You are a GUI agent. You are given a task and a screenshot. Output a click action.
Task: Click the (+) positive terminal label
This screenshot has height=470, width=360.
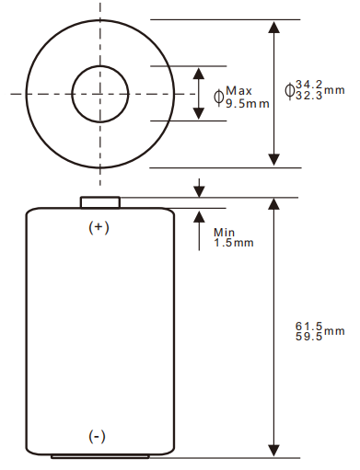pyautogui.click(x=99, y=227)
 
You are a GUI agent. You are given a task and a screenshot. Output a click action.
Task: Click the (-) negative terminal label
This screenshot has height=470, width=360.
pyautogui.click(x=98, y=435)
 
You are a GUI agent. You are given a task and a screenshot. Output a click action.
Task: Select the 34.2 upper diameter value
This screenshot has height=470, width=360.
pyautogui.click(x=309, y=84)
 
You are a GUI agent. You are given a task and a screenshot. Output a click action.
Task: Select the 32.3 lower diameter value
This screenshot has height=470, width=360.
pyautogui.click(x=309, y=95)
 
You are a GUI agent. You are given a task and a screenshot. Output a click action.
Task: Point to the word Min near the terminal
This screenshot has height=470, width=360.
pyautogui.click(x=225, y=232)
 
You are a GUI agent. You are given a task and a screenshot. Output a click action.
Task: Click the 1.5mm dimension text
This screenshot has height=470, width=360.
pyautogui.click(x=233, y=243)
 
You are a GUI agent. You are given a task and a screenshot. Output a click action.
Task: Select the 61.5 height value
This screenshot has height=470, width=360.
pyautogui.click(x=308, y=326)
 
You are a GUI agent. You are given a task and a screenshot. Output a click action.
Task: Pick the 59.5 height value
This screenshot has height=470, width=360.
pyautogui.click(x=308, y=337)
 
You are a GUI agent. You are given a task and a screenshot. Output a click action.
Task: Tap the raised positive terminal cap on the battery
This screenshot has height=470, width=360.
pyautogui.click(x=99, y=202)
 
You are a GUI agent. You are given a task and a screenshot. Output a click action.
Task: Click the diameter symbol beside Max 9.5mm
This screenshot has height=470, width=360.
pyautogui.click(x=218, y=96)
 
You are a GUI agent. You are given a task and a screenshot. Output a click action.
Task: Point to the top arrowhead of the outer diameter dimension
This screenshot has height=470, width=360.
pyautogui.click(x=273, y=27)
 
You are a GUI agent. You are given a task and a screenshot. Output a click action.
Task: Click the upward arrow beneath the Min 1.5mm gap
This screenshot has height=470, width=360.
pyautogui.click(x=199, y=219)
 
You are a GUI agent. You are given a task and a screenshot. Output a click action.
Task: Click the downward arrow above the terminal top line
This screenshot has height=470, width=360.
pyautogui.click(x=199, y=189)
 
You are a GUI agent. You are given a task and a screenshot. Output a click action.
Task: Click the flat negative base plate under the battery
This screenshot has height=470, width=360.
pyautogui.click(x=99, y=455)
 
